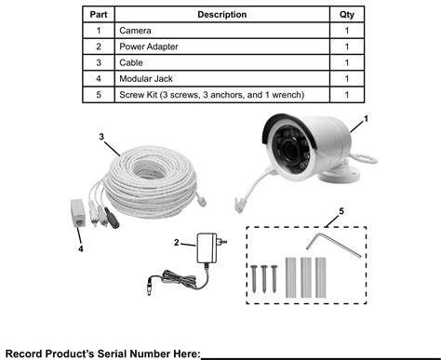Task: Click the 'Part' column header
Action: pos(97,14)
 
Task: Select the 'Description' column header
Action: pos(222,14)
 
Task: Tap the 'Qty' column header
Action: pos(346,14)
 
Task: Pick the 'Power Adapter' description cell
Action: pos(148,47)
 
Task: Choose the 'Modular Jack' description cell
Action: pos(146,79)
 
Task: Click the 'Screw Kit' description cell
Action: pos(211,95)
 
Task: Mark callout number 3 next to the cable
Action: pos(101,136)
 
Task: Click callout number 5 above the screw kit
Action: pos(341,211)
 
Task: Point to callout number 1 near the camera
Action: pos(365,120)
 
